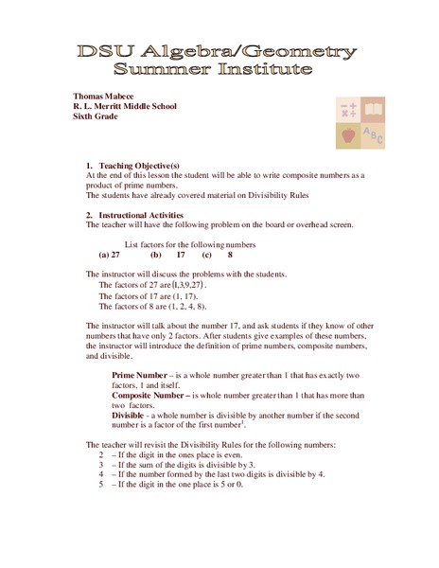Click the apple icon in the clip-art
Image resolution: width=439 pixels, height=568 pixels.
pos(347,135)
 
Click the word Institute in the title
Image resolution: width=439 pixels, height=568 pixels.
pos(266,69)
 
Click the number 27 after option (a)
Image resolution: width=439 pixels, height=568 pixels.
pos(115,256)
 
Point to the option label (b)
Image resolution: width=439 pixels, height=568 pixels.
pos(155,256)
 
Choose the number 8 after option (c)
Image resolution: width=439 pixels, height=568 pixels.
pos(230,256)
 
